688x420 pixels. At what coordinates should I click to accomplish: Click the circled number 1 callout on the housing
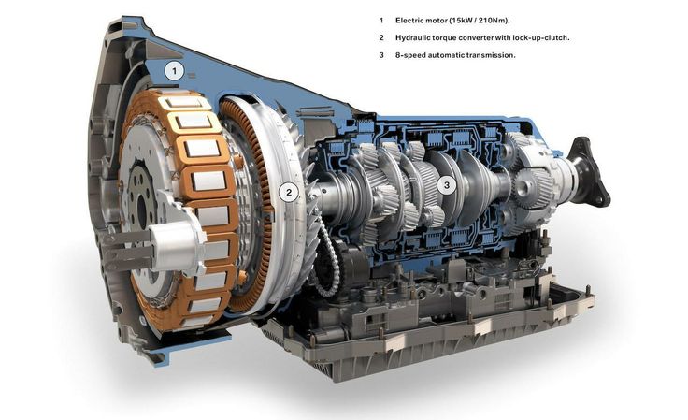pos(175,71)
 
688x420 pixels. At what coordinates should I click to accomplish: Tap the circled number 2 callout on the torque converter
pos(289,192)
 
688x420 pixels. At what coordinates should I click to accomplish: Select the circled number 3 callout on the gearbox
pos(447,185)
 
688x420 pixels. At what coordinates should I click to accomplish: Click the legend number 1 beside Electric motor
pos(381,21)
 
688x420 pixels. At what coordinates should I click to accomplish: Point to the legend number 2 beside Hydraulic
pos(381,37)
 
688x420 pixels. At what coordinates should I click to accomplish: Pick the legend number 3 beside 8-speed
pos(381,55)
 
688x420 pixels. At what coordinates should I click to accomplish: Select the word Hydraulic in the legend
pos(412,37)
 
